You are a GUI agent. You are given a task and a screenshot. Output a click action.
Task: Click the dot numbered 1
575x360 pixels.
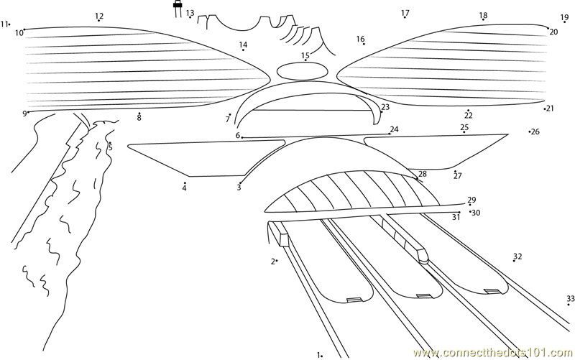point(321,355)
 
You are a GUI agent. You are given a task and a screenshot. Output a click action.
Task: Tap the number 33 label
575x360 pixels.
point(570,299)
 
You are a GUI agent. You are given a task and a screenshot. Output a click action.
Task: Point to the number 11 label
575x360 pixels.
point(4,24)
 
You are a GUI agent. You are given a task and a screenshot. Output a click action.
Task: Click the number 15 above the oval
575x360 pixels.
point(305,55)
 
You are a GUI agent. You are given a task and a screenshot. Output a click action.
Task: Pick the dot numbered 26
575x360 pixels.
point(530,131)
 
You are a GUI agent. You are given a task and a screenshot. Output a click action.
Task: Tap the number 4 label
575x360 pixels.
point(184,188)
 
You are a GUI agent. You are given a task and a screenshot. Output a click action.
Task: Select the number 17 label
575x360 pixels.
point(405,13)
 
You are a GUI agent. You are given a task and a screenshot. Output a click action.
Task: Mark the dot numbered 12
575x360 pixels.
point(99,21)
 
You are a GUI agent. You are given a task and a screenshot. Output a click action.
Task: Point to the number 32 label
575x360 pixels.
point(517,256)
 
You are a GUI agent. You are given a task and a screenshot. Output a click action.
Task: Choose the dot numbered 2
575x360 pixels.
point(277,262)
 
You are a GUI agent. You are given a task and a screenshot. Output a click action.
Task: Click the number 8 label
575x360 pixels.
point(139,118)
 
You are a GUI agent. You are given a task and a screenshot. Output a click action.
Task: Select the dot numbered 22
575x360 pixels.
point(468,110)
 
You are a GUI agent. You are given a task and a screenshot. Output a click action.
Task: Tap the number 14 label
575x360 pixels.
point(243,45)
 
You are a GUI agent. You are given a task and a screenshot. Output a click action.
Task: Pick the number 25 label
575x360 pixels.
point(464,127)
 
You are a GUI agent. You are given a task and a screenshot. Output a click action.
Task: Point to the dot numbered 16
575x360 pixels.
point(364,45)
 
